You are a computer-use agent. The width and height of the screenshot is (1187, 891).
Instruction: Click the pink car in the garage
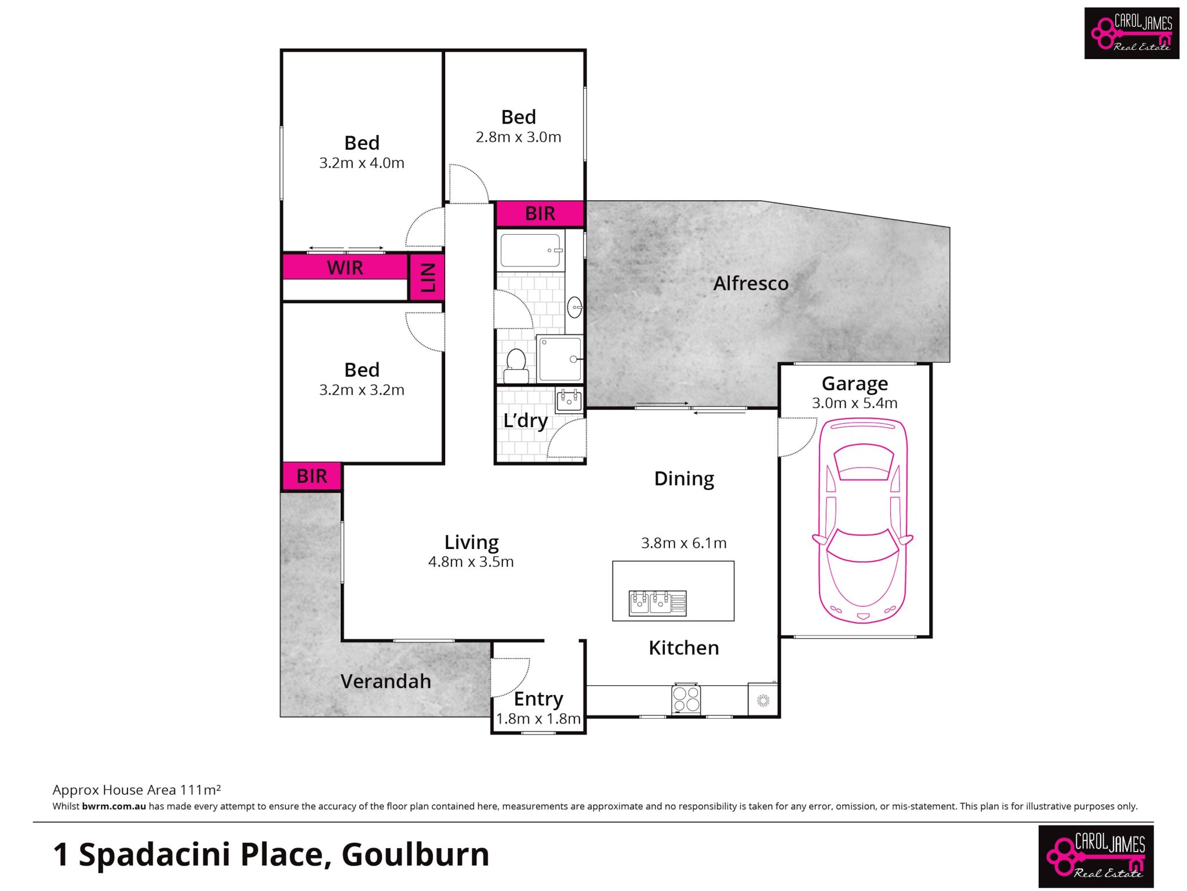click(862, 521)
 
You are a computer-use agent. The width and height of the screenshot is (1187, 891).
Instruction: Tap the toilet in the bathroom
click(515, 366)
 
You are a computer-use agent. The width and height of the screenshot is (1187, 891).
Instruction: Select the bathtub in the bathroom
click(530, 250)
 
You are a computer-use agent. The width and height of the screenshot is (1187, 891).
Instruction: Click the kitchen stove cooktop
click(686, 699)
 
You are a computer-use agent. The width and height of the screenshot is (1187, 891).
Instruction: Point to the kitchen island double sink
click(658, 603)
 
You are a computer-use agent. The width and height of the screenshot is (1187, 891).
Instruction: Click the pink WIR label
click(345, 268)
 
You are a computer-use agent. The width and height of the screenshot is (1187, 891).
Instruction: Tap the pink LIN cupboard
click(427, 277)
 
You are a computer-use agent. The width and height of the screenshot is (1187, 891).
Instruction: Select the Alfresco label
click(751, 283)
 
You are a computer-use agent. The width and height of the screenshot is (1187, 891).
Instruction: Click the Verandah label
click(385, 681)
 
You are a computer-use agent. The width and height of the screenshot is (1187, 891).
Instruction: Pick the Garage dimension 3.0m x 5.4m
click(854, 403)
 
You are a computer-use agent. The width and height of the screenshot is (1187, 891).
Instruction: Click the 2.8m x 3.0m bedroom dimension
click(518, 137)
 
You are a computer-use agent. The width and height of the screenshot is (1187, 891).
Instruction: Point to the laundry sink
click(569, 400)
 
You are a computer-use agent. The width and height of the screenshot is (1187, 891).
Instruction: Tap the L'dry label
click(525, 420)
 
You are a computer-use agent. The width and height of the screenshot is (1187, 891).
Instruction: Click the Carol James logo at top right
click(1131, 33)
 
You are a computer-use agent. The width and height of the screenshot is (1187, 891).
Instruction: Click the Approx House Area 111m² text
click(136, 790)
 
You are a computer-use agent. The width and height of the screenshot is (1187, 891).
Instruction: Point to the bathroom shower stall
click(559, 358)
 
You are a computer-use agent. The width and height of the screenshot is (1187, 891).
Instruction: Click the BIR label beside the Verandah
click(312, 476)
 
